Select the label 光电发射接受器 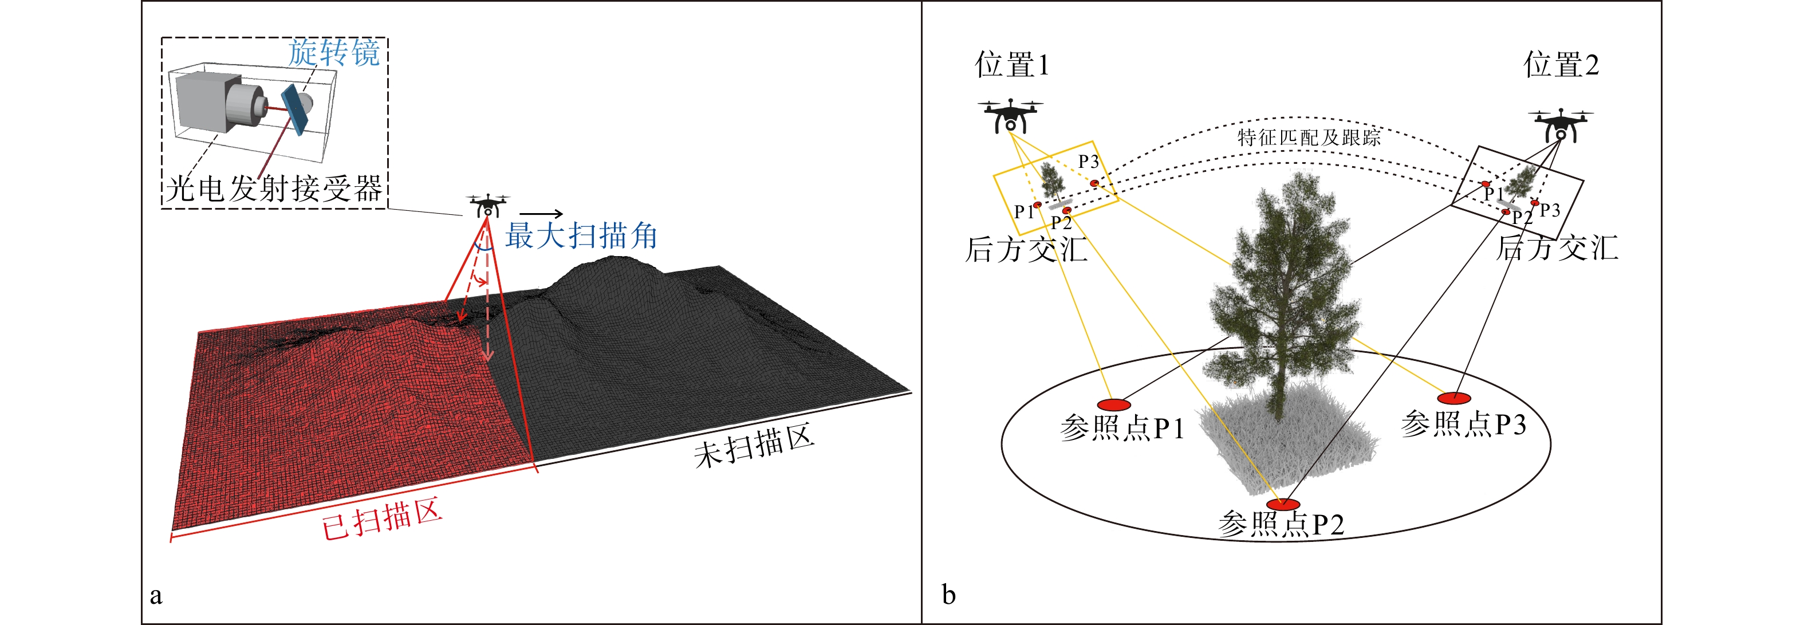click(274, 188)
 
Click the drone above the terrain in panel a click(487, 205)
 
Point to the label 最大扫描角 click(581, 235)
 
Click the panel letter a click(156, 596)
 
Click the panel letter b click(948, 594)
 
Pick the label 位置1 click(1011, 65)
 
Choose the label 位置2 click(1561, 65)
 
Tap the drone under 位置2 click(1560, 125)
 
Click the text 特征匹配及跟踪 click(1308, 137)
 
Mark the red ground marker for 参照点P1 click(1113, 404)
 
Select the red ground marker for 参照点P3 click(1454, 398)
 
